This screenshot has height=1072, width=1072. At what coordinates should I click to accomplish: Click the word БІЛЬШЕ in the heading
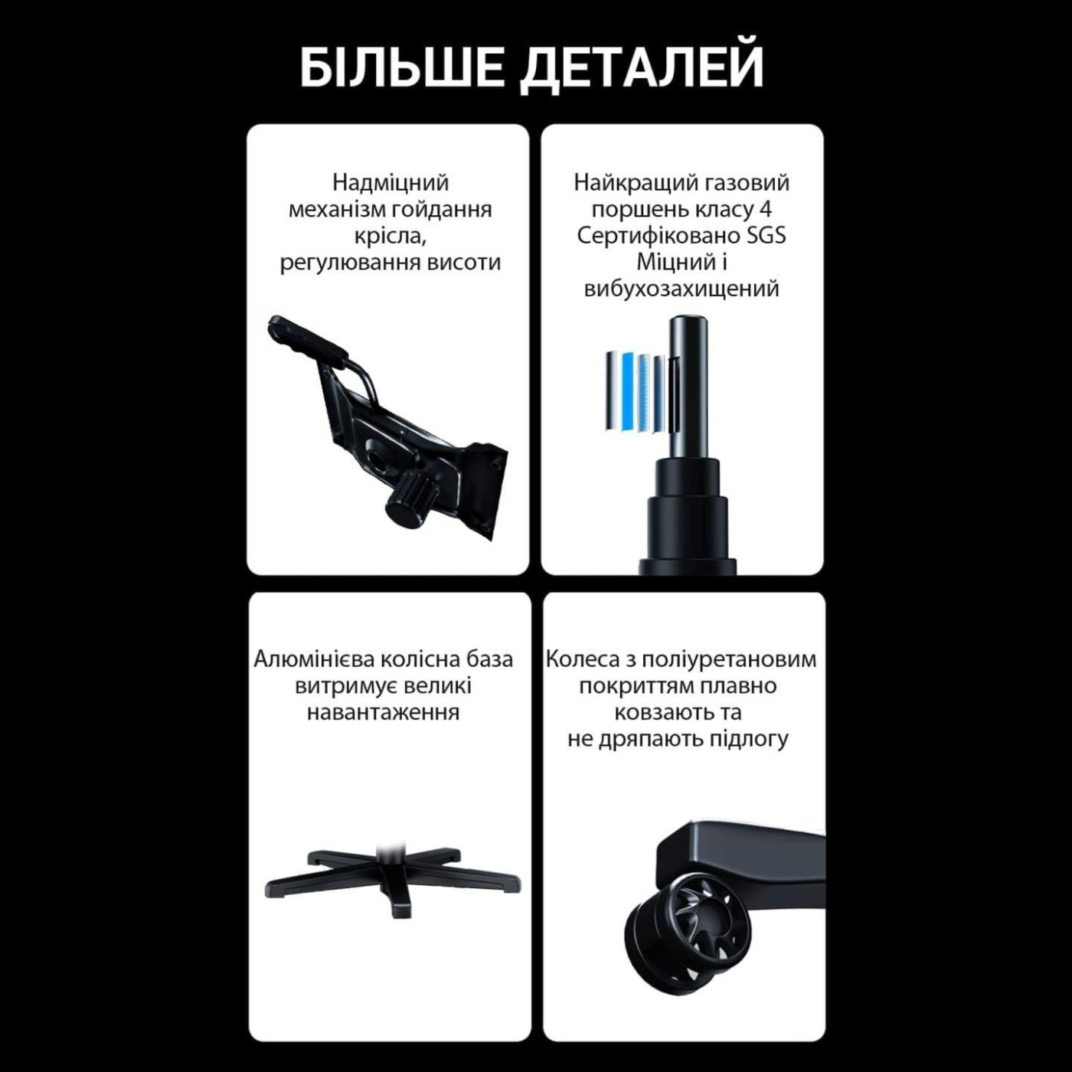[402, 67]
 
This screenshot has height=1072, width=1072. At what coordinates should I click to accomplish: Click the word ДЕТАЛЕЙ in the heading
[643, 67]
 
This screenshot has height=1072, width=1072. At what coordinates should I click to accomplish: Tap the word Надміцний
[391, 183]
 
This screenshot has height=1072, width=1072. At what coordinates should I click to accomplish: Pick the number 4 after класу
[765, 209]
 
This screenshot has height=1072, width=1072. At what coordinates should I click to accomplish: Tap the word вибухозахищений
[681, 289]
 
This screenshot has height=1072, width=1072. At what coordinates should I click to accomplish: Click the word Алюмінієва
[314, 659]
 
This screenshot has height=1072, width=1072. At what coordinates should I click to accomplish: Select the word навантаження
[383, 712]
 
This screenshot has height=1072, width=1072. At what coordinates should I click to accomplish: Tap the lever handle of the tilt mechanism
[306, 337]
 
